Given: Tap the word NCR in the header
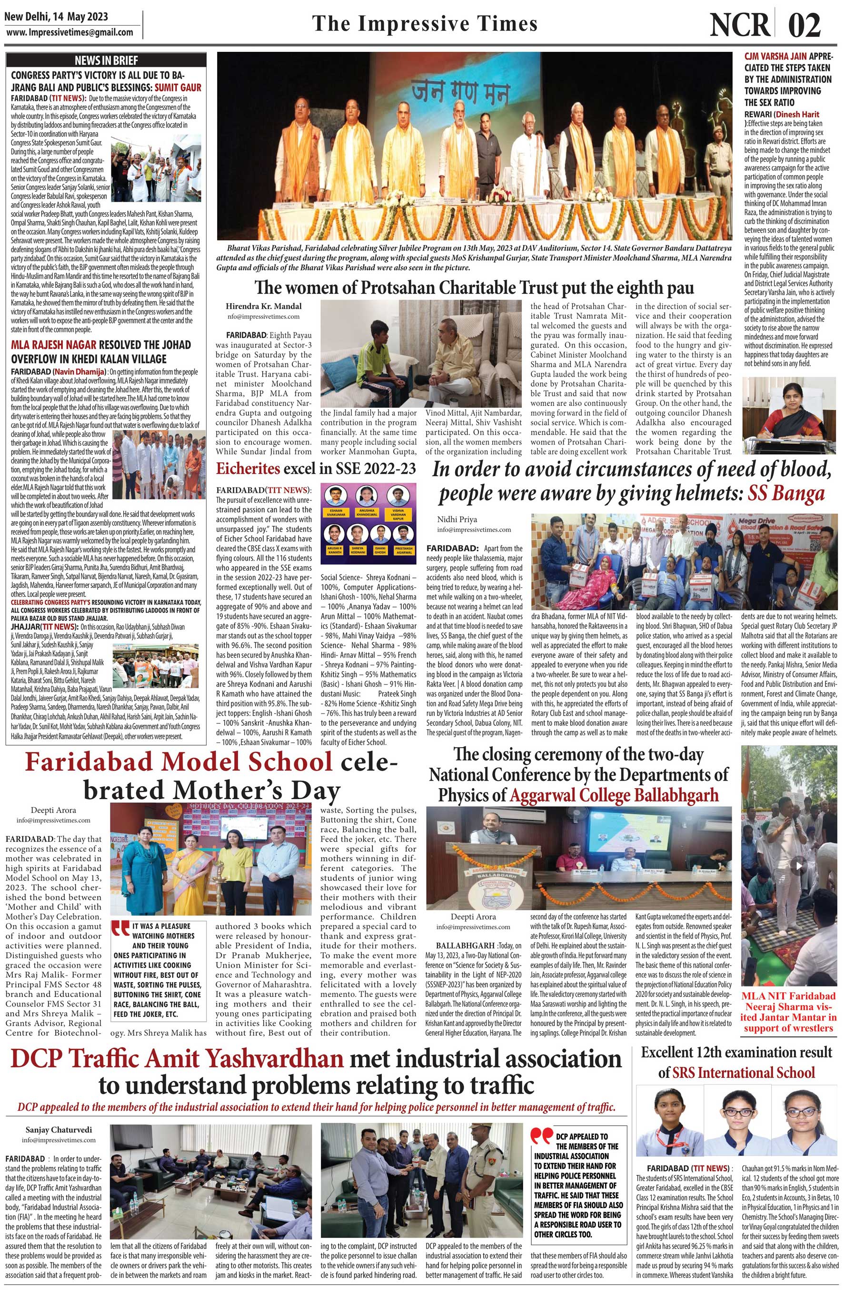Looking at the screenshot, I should point(740,24).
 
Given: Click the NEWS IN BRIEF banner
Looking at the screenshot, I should point(106,60).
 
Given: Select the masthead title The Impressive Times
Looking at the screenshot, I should point(425,24).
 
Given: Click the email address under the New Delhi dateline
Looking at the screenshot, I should point(70,32).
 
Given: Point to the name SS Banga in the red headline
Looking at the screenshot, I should point(786,493).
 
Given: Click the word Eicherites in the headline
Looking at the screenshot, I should point(249,469).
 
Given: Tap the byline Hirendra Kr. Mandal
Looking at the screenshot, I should point(264,306).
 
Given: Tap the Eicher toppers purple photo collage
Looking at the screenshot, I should point(368,520).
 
